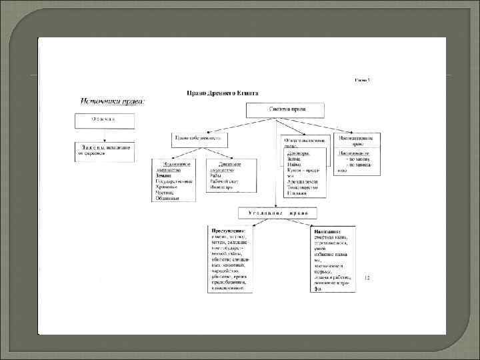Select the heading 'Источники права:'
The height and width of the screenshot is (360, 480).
(113, 102)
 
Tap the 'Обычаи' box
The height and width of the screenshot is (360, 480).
(104, 120)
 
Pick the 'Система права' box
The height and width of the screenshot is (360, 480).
(296, 110)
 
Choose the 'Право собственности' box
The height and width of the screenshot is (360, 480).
(199, 138)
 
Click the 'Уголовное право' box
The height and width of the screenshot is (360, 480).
(278, 213)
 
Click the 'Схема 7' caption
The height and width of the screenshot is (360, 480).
(362, 80)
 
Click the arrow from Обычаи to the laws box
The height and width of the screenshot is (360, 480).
(104, 135)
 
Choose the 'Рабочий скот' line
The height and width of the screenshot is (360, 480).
(225, 182)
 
